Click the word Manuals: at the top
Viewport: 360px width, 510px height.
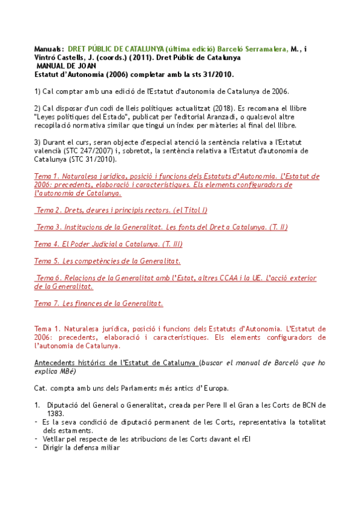click(48, 49)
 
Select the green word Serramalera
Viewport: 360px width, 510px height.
click(264, 49)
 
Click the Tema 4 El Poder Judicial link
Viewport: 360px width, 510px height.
click(108, 244)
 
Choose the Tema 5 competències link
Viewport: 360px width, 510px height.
click(108, 260)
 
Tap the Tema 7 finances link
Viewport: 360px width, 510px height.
click(99, 303)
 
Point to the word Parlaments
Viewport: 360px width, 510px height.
click(129, 388)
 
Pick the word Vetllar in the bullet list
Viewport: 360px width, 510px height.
click(55, 438)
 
